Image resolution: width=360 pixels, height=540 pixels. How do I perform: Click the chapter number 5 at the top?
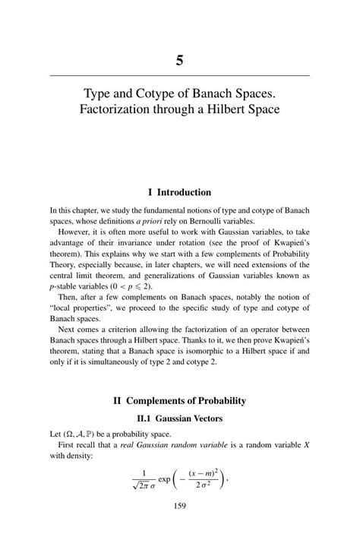pos(180,60)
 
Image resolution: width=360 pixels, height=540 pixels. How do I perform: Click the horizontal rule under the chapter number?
pos(180,75)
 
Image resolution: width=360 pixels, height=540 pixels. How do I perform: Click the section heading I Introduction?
pos(179,192)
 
